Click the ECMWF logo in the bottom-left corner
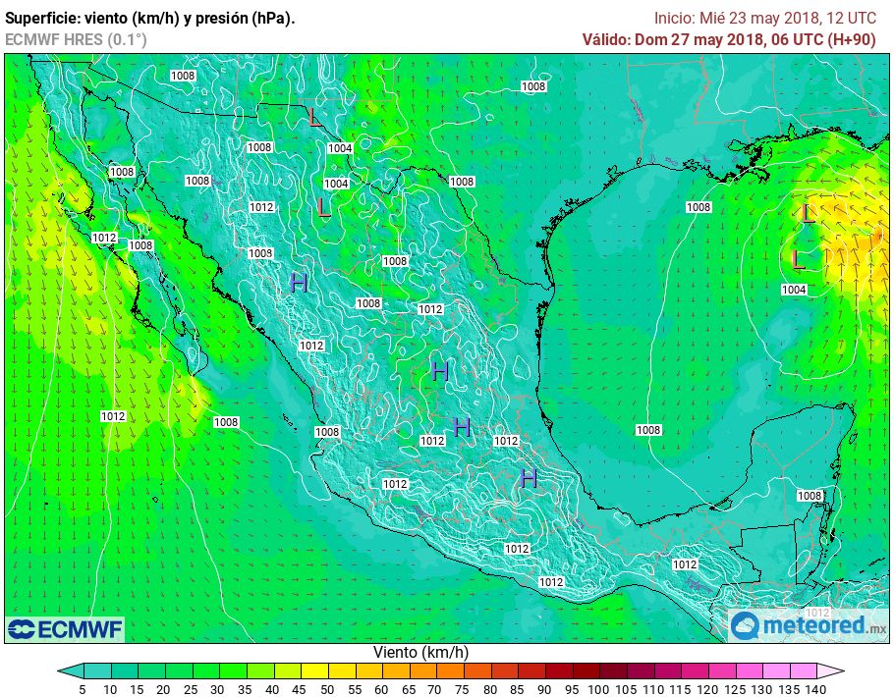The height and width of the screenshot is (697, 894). pos(65,628)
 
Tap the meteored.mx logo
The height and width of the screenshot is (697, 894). pos(809,625)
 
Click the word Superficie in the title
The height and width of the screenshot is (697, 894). pos(42,19)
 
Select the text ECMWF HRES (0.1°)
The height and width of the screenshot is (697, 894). pos(76,39)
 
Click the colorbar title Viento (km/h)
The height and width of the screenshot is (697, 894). pos(420,652)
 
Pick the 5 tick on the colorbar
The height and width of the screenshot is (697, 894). pos(83,689)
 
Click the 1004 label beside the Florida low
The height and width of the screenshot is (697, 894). pos(794,290)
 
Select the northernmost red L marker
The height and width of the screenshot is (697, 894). pos(313,118)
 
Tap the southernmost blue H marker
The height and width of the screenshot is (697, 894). pos(529,478)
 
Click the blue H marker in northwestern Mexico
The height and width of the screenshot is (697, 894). pos(299,283)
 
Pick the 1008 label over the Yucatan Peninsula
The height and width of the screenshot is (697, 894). pos(809,496)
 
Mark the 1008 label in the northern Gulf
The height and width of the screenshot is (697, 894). pos(698,207)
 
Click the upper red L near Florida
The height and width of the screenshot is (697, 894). pos(808,213)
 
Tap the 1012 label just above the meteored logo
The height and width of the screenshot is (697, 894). pos(804,612)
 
